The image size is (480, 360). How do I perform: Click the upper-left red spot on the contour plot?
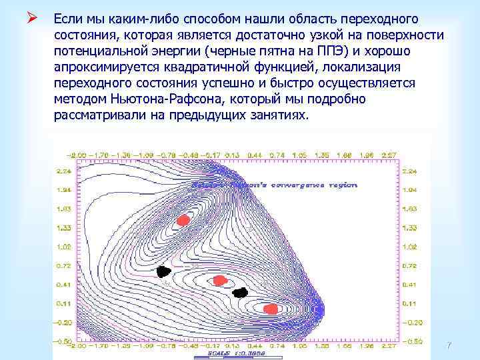click(183, 220)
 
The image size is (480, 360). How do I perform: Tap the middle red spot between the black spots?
click(218, 281)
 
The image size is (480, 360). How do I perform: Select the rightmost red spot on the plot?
click(271, 309)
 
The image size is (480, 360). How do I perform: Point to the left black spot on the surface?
click(163, 271)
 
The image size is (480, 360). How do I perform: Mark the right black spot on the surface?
click(240, 292)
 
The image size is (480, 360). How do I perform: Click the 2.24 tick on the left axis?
click(64, 171)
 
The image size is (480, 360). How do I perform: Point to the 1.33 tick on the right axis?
click(409, 228)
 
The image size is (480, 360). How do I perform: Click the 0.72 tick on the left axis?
click(64, 265)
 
